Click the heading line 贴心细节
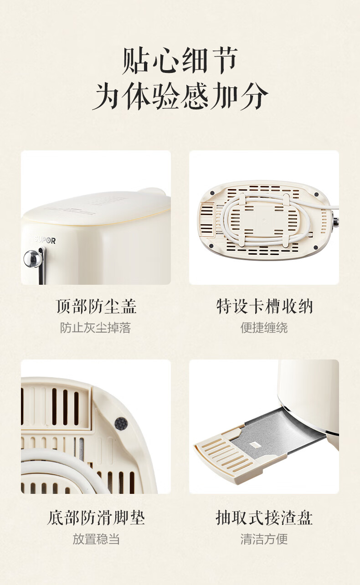click(x=180, y=61)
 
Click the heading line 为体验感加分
click(x=180, y=97)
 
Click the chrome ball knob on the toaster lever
click(x=31, y=258)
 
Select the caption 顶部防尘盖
click(x=96, y=306)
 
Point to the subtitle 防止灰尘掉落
click(x=95, y=328)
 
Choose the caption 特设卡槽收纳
click(x=264, y=306)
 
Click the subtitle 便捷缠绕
click(x=264, y=328)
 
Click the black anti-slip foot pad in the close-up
click(x=121, y=423)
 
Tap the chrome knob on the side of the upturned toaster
click(x=336, y=221)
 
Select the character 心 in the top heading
click(x=165, y=61)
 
